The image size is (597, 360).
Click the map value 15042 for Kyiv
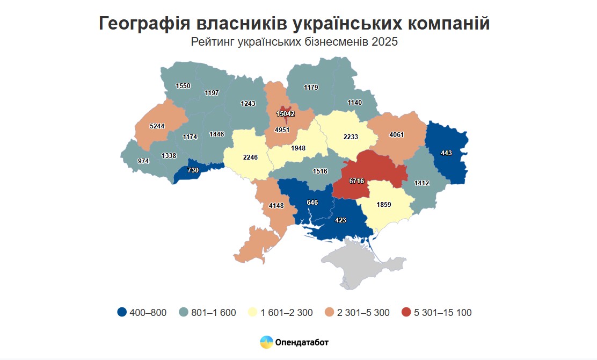tap(286, 114)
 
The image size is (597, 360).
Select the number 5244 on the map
tap(157, 126)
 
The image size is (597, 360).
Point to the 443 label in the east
tap(447, 153)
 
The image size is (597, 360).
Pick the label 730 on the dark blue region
tap(193, 170)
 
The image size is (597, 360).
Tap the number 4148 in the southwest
tap(277, 205)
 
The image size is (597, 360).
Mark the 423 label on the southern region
tap(340, 220)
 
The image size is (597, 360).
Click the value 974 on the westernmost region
tap(143, 161)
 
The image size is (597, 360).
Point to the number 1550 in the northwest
tap(183, 86)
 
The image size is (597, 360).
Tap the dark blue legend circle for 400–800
tap(122, 312)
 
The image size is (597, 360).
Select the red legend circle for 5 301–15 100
tap(406, 312)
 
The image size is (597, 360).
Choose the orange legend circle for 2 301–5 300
tap(330, 312)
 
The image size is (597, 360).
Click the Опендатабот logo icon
tap(266, 342)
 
